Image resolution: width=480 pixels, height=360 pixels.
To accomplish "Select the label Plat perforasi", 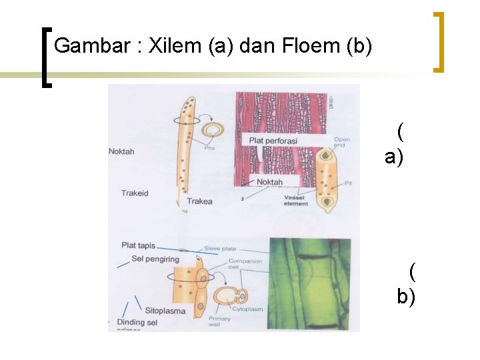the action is click(x=273, y=141).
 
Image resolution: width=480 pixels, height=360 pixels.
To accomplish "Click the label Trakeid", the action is click(x=135, y=193).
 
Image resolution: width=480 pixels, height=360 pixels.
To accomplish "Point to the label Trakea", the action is click(x=199, y=201).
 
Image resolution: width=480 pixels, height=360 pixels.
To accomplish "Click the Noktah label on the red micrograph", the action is click(x=269, y=182).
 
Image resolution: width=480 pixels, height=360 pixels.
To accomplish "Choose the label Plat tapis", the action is click(x=138, y=245).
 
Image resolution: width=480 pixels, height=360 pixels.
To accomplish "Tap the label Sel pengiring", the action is click(x=155, y=259).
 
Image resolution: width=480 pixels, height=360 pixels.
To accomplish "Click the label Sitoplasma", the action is click(x=165, y=311).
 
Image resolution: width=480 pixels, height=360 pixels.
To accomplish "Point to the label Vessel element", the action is click(x=295, y=201).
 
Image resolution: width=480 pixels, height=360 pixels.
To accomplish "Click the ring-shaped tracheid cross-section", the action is click(x=213, y=129).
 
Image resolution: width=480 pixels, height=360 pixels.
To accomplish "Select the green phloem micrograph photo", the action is click(x=313, y=283).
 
